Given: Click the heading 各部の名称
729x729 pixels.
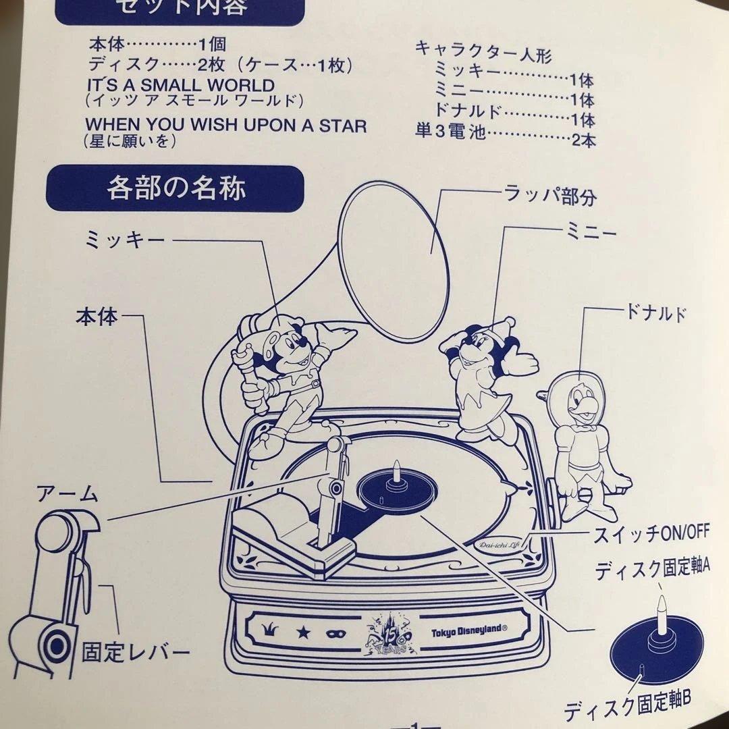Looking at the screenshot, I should pos(175,189).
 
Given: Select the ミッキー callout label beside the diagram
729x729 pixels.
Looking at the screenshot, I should pos(125,240).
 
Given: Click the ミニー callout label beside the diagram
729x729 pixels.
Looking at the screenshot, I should pos(590,234).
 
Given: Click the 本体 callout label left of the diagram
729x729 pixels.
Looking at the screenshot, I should pos(97,316).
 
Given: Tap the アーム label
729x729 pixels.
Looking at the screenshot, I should pos(67,495).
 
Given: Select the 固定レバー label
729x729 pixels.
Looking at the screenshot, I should pos(135,653).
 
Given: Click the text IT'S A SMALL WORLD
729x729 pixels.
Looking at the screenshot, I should pos(180,86).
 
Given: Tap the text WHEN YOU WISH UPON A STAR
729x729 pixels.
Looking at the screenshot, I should pos(226,126).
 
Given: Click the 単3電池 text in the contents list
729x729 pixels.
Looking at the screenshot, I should pos(450,132).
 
